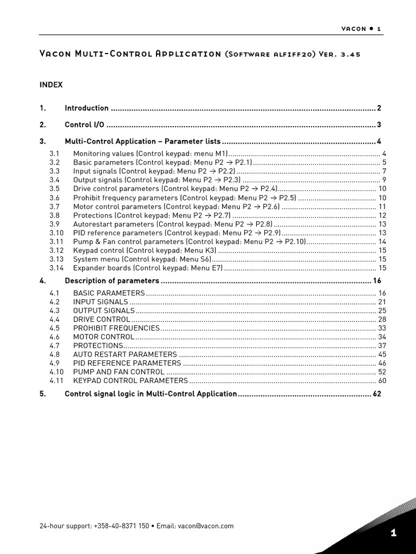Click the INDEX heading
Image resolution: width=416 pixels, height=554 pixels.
[x=51, y=85]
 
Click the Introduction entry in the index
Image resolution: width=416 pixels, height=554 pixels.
[x=87, y=108]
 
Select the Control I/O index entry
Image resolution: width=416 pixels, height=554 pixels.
[x=84, y=125]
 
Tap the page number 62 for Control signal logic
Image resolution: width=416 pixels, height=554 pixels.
[x=377, y=394]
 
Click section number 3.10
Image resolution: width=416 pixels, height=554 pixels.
[x=56, y=233]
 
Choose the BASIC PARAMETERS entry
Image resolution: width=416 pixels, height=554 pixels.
[x=109, y=293]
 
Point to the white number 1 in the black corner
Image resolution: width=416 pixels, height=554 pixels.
[x=394, y=533]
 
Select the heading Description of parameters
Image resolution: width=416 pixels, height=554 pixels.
[x=112, y=281]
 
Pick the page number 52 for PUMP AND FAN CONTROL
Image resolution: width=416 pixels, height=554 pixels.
[x=382, y=372]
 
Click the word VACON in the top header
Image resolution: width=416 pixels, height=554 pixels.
[x=354, y=29]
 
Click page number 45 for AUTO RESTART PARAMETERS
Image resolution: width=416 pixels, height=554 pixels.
[x=382, y=354]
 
